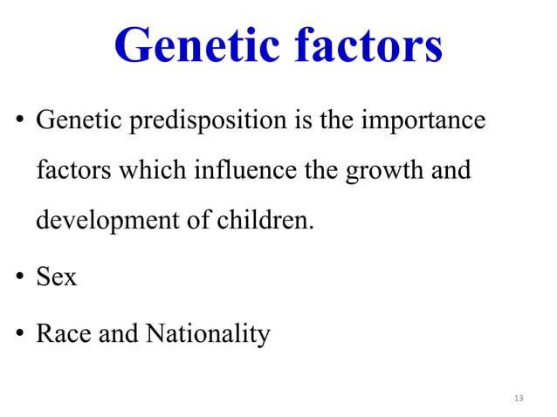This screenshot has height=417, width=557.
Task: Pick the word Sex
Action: [x=56, y=277]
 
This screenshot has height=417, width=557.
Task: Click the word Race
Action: [x=62, y=333]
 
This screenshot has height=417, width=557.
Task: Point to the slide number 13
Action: [x=519, y=399]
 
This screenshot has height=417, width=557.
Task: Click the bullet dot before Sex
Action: [x=18, y=279]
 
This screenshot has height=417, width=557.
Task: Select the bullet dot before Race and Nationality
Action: [x=18, y=335]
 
